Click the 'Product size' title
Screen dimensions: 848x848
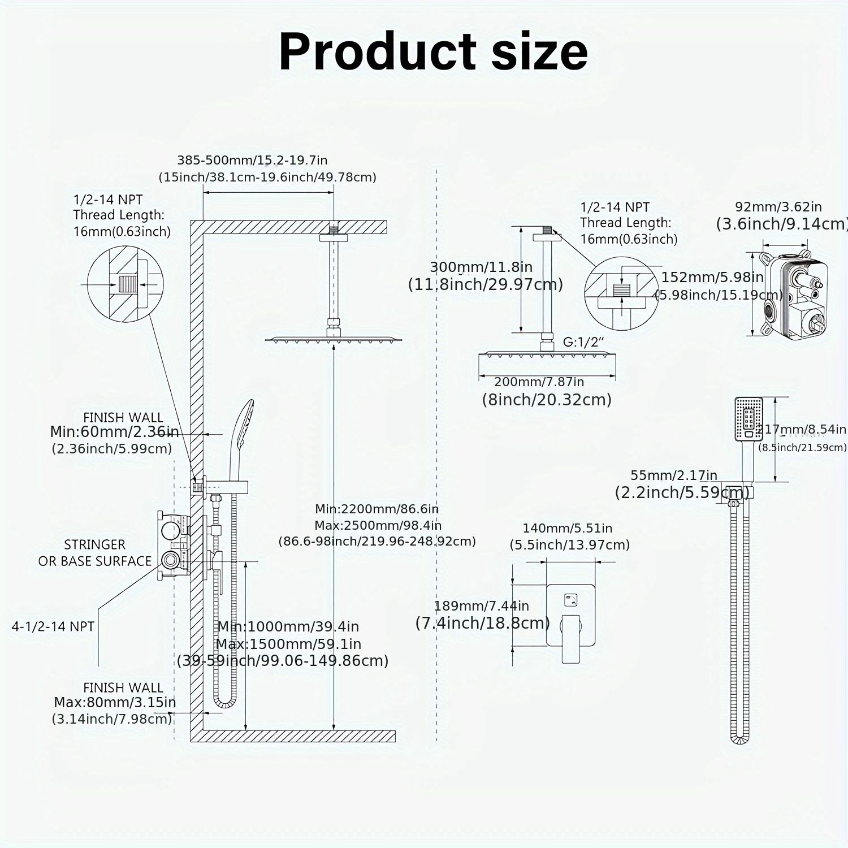(433, 51)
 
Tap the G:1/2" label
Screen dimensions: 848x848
(583, 342)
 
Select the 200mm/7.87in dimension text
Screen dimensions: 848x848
(539, 382)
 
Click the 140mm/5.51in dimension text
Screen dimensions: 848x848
(567, 528)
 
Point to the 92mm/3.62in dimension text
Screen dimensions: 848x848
(778, 207)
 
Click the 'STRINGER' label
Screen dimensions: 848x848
(94, 544)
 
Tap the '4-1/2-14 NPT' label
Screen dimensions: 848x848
(53, 626)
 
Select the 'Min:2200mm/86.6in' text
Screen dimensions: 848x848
(377, 509)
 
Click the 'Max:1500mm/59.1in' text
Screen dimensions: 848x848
(288, 644)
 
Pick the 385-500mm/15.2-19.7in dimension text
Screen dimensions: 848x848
(252, 161)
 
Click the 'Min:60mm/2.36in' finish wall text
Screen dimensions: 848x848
(114, 432)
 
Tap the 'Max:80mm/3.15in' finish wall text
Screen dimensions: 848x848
(115, 702)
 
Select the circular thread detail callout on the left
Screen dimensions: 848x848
(126, 284)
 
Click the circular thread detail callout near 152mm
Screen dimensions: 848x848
(621, 293)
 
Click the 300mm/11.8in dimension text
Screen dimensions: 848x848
(481, 267)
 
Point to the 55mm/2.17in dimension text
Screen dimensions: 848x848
(673, 475)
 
